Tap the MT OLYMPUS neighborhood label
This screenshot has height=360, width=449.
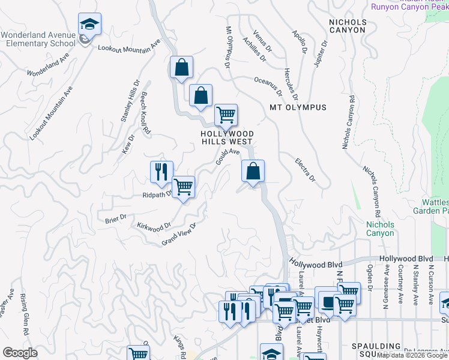[x=298, y=107]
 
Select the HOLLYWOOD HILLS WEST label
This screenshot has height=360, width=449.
[x=227, y=137]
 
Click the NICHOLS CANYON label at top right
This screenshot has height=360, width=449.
[x=347, y=25]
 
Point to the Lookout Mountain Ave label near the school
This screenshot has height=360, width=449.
[x=129, y=46]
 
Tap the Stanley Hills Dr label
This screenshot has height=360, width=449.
[x=130, y=101]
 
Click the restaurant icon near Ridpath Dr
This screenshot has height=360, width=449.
[x=161, y=173]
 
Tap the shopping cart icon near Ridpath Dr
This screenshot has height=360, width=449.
[x=183, y=187]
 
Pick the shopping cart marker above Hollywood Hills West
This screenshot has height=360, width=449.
[x=226, y=114]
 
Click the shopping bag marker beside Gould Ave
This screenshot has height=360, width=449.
[x=253, y=171]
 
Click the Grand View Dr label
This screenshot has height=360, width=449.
[x=179, y=233]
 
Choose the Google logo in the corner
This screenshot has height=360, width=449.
[x=20, y=353]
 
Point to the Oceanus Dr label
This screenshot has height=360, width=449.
[x=268, y=86]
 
